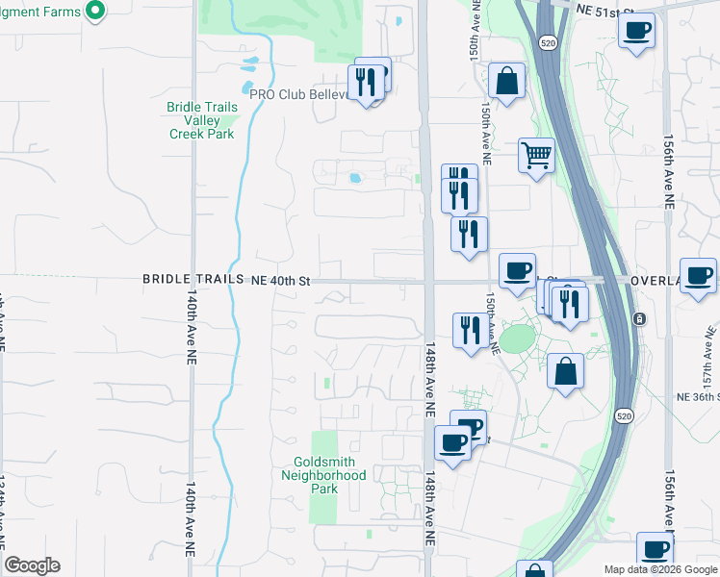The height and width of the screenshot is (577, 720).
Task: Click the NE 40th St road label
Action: coord(280,280)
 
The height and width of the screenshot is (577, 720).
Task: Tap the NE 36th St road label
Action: coord(698,396)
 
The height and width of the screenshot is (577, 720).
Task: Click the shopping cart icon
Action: coord(536,154)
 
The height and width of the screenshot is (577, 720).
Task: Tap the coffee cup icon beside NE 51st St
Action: coord(636,31)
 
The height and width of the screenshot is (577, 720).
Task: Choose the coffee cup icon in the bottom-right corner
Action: coord(655,550)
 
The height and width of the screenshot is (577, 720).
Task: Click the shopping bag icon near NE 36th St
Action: coord(566,370)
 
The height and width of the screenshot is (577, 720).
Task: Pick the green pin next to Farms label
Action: coord(94,11)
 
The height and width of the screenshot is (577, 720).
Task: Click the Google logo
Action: coord(32,565)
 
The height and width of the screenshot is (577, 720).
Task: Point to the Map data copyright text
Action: coord(659,569)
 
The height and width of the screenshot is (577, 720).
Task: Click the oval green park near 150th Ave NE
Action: coord(517,339)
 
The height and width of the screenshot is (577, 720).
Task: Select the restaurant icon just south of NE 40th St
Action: coord(469,330)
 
